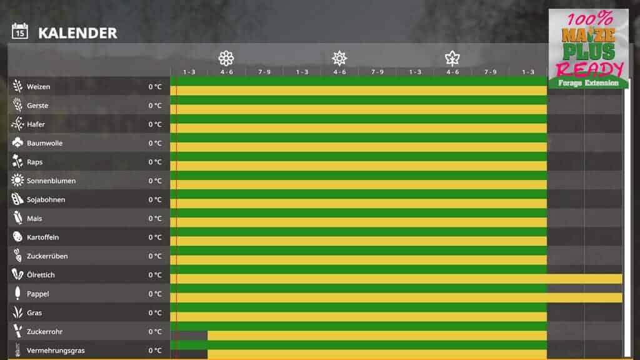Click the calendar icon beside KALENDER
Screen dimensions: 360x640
point(20,31)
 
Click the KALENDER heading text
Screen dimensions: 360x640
point(77,33)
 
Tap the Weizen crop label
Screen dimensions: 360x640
point(38,87)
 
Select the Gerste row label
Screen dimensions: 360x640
point(37,106)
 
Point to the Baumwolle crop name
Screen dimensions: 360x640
point(44,143)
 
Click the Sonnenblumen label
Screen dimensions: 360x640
point(51,181)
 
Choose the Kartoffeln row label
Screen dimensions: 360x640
point(43,237)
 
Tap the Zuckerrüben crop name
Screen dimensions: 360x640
point(47,256)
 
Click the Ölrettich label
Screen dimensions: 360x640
point(41,275)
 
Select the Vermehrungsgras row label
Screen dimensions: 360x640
point(56,351)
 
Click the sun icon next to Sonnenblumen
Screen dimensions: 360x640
point(17,181)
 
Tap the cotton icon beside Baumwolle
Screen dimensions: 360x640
point(17,143)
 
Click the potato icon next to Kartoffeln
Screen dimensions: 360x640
point(17,237)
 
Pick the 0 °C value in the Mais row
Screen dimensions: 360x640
point(155,219)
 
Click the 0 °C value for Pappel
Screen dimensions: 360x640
point(155,294)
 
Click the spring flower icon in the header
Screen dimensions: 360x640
point(226,59)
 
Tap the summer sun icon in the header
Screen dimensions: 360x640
point(339,59)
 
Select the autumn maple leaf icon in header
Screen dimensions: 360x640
point(452,59)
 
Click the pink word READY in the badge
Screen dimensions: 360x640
point(589,69)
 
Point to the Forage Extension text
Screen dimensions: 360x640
point(588,83)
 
